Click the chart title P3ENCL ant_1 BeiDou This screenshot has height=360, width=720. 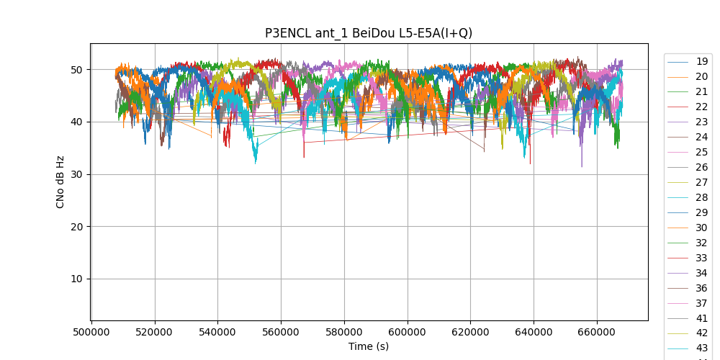coord(369,33)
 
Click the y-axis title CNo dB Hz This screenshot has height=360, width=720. coord(60,181)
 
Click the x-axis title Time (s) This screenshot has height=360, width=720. coord(369,346)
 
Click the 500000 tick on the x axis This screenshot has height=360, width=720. coord(91,333)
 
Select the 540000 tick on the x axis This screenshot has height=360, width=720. coord(217,333)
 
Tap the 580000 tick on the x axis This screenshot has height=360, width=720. coord(344,333)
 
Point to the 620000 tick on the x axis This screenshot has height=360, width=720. coord(470,333)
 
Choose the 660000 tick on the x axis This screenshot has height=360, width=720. coord(597,333)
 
